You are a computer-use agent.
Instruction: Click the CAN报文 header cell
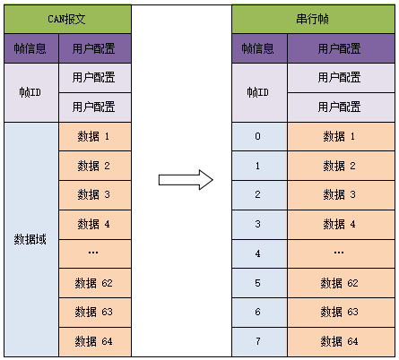tap(67, 19)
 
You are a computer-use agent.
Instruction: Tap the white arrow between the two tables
tap(185, 179)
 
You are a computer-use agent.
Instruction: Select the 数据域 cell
tap(31, 239)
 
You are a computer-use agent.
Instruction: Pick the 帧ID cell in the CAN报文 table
tap(31, 92)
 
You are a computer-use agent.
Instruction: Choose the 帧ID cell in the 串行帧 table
tap(258, 92)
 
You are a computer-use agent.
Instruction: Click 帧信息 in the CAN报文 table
tap(31, 48)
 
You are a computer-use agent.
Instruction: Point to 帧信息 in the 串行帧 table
tap(258, 48)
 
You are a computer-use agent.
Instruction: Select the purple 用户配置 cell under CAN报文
tap(94, 48)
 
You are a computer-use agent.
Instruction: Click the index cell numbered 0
tap(258, 136)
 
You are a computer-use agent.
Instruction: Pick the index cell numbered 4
tap(258, 253)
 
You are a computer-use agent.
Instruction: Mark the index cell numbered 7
tap(258, 341)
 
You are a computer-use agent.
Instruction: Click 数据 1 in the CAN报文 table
tap(94, 136)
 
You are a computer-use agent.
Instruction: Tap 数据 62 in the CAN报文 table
tap(94, 283)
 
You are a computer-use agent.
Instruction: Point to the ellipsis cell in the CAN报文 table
tap(94, 253)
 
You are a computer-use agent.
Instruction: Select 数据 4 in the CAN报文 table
tap(94, 224)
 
